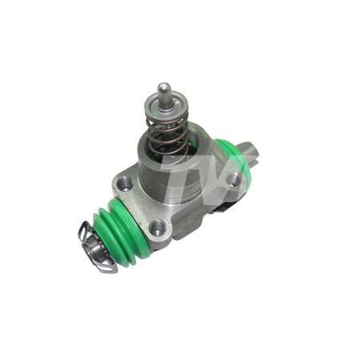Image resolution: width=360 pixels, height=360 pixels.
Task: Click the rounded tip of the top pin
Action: pos(163,86)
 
